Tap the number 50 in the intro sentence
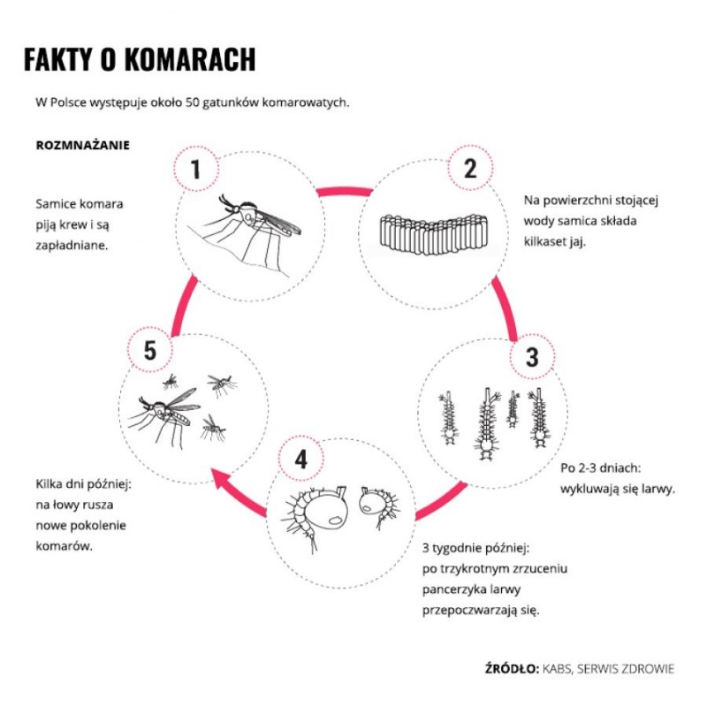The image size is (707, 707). pos(194,103)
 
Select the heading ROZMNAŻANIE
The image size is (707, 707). pos(83,144)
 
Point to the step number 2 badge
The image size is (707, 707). pos(470,168)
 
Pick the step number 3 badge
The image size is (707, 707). pos(531,357)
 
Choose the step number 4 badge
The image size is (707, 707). pos(301,459)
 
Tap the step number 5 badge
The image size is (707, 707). pos(149,351)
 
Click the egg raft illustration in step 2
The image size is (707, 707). pos(433,232)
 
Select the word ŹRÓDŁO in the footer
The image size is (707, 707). pos(512,669)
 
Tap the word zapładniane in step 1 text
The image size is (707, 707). pos(72,245)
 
